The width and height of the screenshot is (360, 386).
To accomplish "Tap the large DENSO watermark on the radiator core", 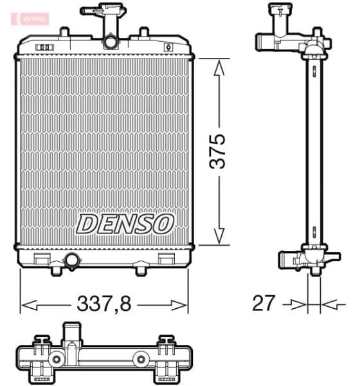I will tap(125, 224).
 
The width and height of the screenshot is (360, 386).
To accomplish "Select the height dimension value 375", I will tap(220, 152).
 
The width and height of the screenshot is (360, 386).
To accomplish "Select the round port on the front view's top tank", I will tap(111, 42).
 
